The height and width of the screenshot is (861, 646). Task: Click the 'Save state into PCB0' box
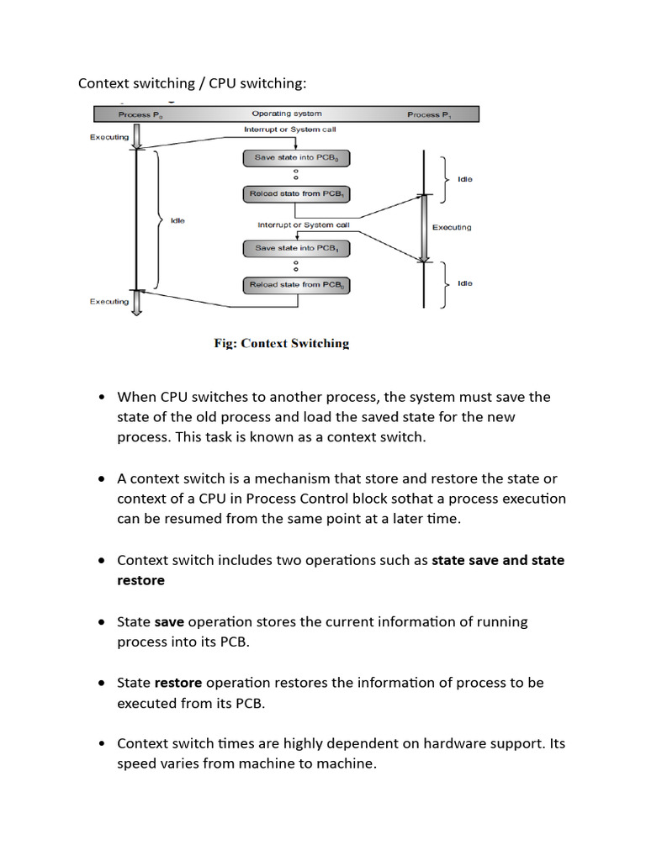[x=296, y=158]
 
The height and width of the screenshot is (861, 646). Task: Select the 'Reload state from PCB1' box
[x=296, y=194]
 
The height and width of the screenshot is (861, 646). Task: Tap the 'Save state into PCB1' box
[x=296, y=248]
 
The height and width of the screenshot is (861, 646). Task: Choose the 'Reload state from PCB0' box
[x=296, y=285]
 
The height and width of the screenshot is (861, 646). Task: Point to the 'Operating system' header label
[x=286, y=114]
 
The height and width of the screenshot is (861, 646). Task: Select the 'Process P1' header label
[x=429, y=114]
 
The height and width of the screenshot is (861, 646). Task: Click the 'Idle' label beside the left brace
[x=177, y=220]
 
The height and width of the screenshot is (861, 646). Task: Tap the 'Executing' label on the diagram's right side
[x=452, y=227]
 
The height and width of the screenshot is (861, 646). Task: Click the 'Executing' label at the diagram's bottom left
[x=109, y=301]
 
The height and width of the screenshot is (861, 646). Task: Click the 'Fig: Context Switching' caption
[x=281, y=343]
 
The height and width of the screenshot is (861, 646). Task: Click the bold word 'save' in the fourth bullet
[x=169, y=621]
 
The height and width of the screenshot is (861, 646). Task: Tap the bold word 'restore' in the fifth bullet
[x=178, y=683]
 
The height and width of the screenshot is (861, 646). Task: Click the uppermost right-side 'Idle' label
[x=464, y=179]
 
